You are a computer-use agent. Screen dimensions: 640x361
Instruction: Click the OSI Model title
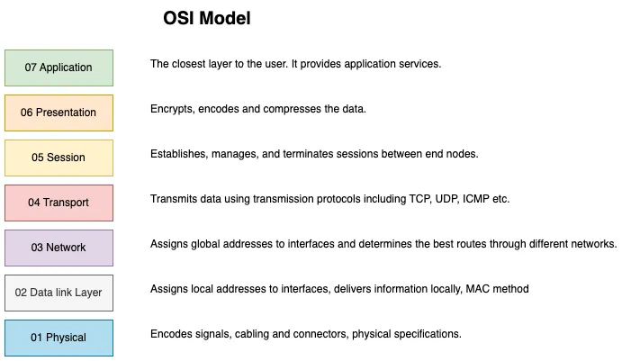coord(206,18)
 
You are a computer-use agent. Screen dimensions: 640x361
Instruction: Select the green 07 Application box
coord(59,68)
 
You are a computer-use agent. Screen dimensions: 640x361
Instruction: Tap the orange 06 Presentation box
coord(59,113)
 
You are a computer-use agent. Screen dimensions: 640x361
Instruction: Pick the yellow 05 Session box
coord(59,158)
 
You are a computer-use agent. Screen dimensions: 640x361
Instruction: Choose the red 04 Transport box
coord(59,203)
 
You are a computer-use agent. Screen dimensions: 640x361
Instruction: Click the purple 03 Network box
coord(59,248)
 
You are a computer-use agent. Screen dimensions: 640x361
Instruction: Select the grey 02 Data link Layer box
coord(59,293)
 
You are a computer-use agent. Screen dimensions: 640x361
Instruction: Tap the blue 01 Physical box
coord(59,338)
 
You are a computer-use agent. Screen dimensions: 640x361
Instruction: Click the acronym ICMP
coord(475,199)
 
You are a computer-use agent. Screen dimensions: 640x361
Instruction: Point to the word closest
coord(188,64)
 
